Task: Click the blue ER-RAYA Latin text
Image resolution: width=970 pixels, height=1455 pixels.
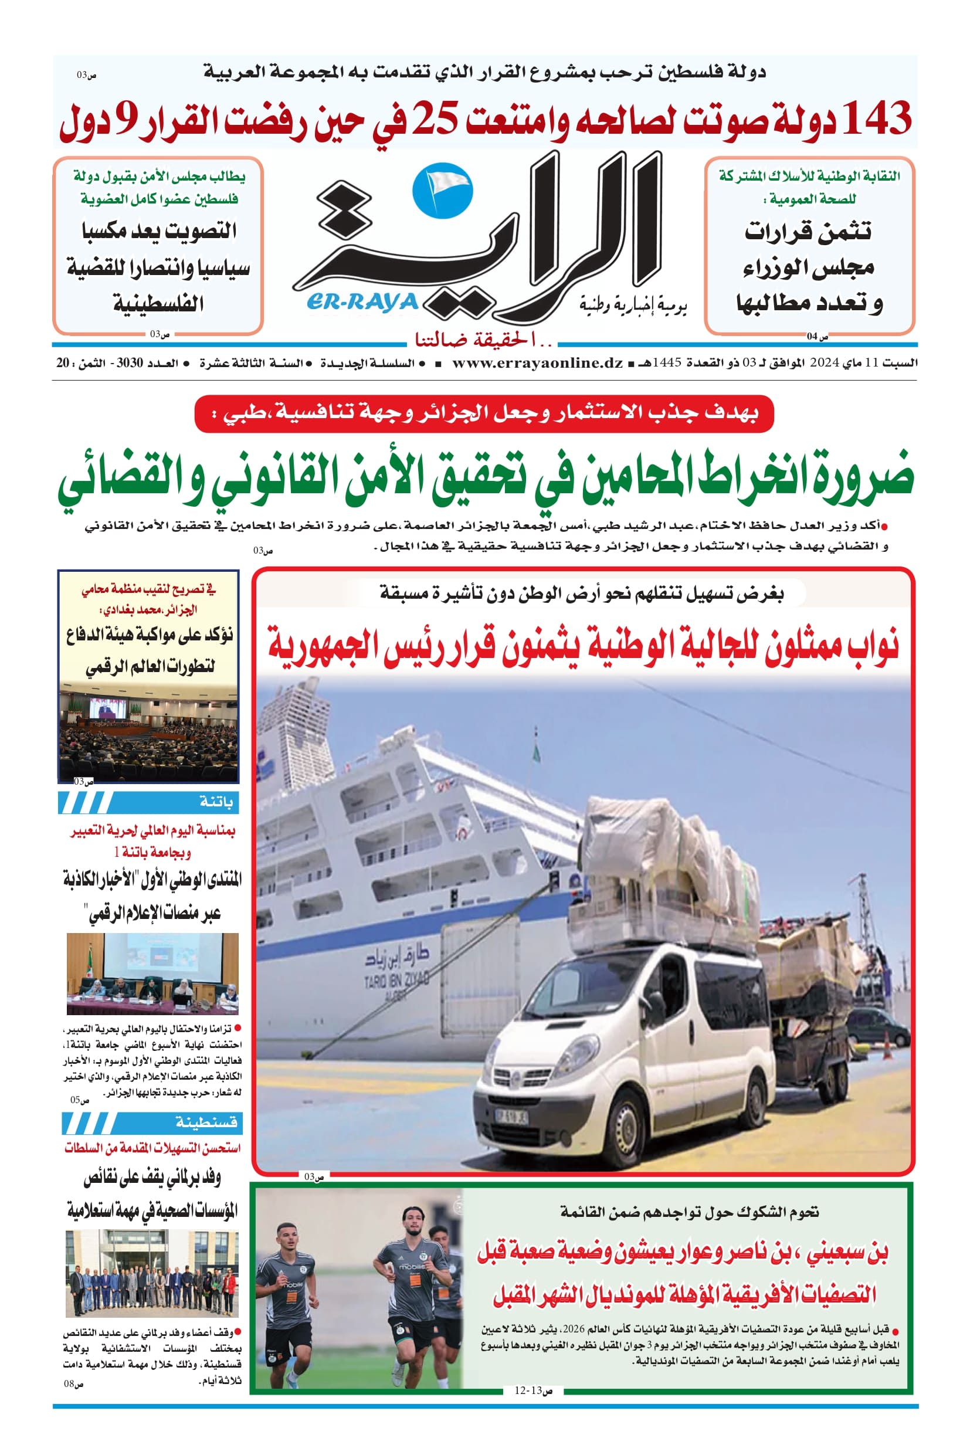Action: click(x=362, y=302)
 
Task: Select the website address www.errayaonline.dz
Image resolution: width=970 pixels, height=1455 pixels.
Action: click(x=537, y=363)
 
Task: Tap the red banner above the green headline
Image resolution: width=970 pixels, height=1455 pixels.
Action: click(x=484, y=414)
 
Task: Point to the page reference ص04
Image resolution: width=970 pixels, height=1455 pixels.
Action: click(x=816, y=337)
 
